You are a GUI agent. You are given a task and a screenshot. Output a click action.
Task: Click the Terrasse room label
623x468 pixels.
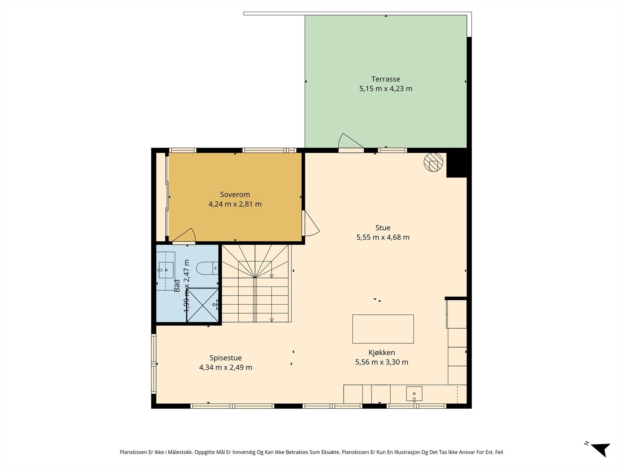386,79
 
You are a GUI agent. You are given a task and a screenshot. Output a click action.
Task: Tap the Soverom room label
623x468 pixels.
235,194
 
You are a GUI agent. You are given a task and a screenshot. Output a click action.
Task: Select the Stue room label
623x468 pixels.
383,228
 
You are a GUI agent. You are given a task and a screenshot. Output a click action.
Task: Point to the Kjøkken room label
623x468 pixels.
382,353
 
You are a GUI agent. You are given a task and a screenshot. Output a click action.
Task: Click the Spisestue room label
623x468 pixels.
225,358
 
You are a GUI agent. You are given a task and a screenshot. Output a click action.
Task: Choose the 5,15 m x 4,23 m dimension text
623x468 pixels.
386,89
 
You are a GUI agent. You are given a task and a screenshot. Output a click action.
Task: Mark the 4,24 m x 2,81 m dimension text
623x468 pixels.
235,204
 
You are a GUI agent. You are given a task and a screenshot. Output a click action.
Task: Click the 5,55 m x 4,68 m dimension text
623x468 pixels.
383,237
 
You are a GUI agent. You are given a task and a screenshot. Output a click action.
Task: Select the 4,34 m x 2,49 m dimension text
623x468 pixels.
225,367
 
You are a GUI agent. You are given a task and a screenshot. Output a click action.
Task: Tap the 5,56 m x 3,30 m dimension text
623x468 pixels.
382,362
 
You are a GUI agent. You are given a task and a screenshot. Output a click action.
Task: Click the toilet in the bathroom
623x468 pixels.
207,268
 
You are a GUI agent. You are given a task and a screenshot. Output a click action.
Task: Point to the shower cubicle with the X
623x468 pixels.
202,305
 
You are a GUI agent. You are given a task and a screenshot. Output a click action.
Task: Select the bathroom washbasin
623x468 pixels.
166,270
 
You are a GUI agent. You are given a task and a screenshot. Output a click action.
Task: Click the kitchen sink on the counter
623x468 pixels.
414,394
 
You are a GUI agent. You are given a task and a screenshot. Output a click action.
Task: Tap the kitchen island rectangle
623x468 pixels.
383,329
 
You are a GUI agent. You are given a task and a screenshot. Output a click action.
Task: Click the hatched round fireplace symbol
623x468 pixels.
433,162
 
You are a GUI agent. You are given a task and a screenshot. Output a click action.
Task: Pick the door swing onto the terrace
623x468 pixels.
350,141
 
